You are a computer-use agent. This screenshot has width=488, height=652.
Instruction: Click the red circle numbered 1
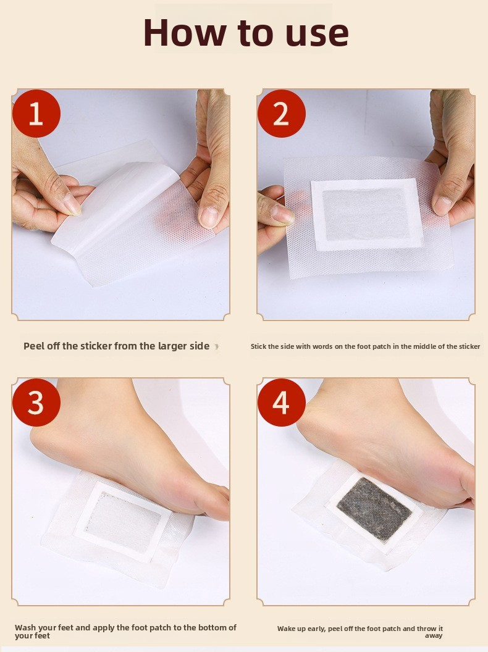pyautogui.click(x=36, y=113)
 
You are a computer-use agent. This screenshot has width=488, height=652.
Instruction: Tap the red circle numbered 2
pyautogui.click(x=282, y=113)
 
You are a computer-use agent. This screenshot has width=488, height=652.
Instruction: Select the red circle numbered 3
pyautogui.click(x=36, y=402)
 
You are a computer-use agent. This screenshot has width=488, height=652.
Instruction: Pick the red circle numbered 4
pyautogui.click(x=282, y=402)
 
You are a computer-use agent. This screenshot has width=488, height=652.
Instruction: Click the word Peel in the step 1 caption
pyautogui.click(x=33, y=346)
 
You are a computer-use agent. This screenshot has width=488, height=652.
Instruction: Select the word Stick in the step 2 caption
pyautogui.click(x=258, y=346)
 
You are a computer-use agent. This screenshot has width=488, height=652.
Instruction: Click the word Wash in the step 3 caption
pyautogui.click(x=25, y=627)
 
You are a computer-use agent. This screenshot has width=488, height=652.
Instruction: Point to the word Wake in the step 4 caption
pyautogui.click(x=287, y=629)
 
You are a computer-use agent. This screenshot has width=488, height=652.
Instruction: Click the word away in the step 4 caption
pyautogui.click(x=434, y=636)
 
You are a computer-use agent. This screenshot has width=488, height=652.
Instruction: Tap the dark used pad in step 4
pyautogui.click(x=374, y=509)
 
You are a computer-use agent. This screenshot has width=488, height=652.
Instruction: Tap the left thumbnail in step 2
pyautogui.click(x=281, y=213)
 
